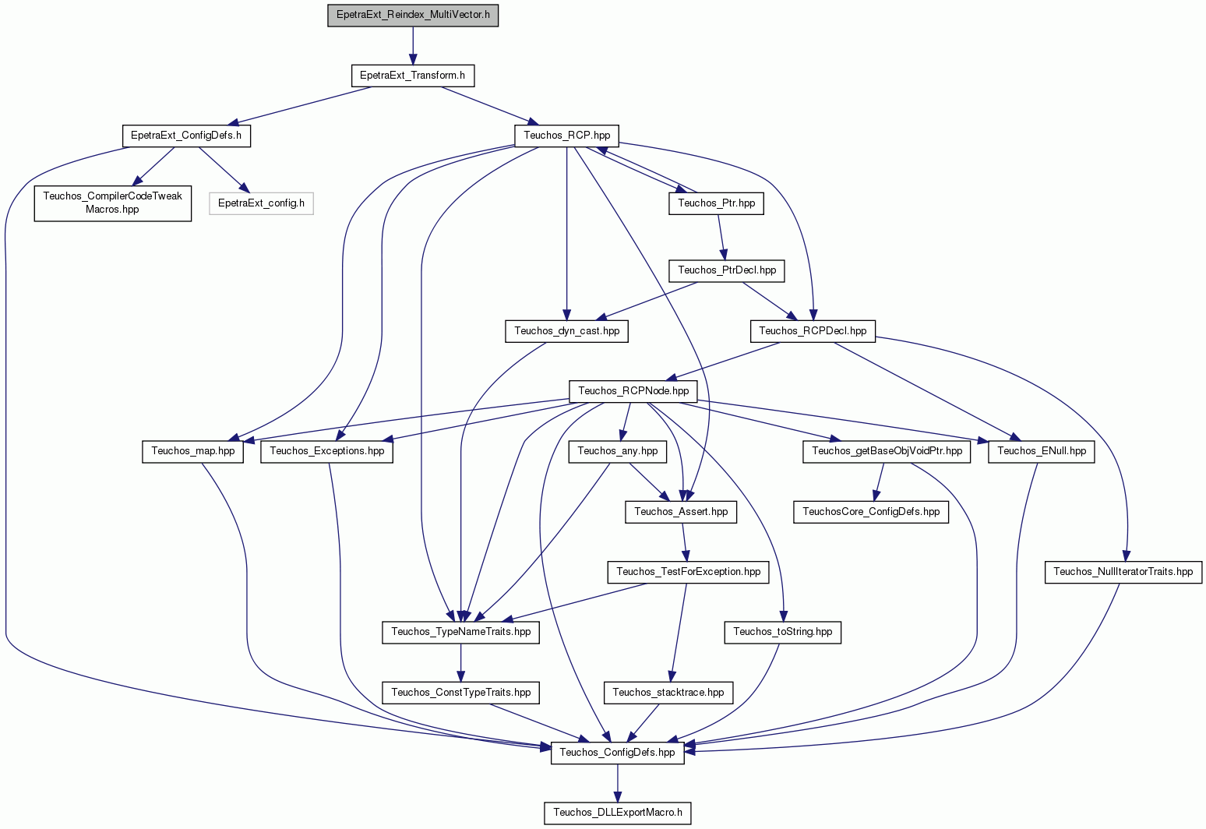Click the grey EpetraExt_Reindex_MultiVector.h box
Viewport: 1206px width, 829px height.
pos(413,15)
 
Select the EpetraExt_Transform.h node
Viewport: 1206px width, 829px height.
pos(413,76)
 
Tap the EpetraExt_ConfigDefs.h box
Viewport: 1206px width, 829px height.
pos(186,136)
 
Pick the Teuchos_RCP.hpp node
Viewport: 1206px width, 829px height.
pos(566,136)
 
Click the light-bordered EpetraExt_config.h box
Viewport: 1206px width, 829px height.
pos(261,203)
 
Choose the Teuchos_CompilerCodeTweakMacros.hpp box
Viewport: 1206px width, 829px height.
pos(112,203)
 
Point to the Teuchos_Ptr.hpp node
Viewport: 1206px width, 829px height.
pos(716,203)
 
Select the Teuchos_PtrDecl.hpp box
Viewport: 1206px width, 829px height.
pos(727,270)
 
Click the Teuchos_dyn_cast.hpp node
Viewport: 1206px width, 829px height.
pos(566,331)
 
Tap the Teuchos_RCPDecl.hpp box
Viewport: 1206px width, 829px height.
pos(813,331)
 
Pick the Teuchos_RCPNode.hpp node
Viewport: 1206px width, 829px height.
pos(633,391)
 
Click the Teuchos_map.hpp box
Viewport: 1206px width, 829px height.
pos(192,451)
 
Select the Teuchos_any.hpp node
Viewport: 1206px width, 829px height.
pos(618,451)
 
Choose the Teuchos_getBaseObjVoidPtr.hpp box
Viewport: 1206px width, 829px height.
pos(887,451)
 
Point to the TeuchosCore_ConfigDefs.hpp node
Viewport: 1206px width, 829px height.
pos(871,512)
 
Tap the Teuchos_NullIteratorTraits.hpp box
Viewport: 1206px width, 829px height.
pos(1123,572)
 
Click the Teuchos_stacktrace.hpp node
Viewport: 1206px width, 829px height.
pos(668,693)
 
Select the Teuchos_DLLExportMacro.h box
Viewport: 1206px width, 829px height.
pos(618,813)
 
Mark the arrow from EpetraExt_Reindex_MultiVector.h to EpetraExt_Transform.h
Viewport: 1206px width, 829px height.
pos(413,46)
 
